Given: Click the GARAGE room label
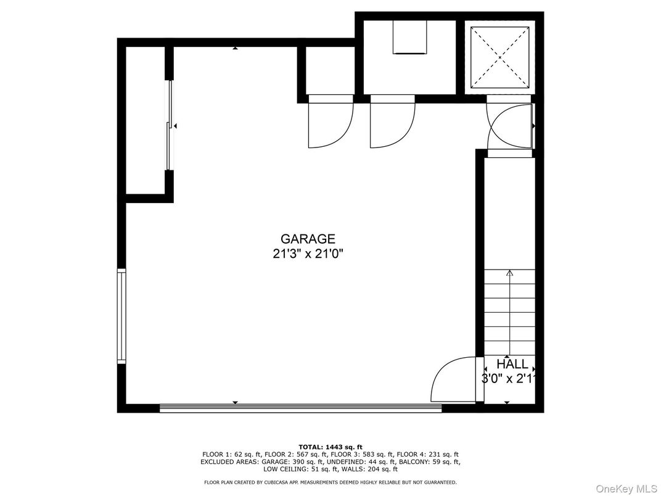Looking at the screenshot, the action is click(308, 239).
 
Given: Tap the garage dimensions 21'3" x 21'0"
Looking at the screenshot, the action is click(308, 254).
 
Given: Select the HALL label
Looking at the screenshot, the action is click(512, 364).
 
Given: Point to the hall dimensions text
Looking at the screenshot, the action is click(509, 379).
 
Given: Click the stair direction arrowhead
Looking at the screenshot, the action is click(510, 273).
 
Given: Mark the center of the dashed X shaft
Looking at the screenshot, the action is click(499, 57).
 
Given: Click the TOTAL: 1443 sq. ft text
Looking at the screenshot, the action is click(330, 447).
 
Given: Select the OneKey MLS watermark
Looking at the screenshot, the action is click(626, 489).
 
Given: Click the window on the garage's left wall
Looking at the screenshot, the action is click(121, 316).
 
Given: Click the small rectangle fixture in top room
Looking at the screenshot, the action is click(410, 37).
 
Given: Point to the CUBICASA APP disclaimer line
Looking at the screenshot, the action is click(330, 482).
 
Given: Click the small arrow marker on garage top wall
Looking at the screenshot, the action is click(235, 49).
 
